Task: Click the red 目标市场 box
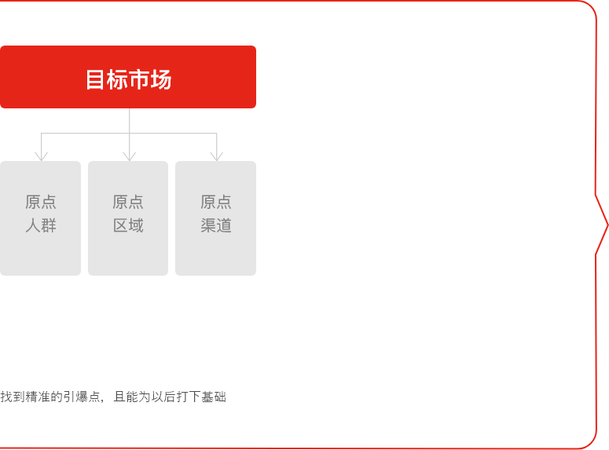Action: click(x=128, y=77)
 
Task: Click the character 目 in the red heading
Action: click(x=95, y=79)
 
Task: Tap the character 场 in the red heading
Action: click(x=161, y=79)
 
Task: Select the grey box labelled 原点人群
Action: click(x=40, y=218)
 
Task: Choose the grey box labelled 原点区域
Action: click(x=128, y=218)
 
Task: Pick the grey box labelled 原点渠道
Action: click(x=215, y=218)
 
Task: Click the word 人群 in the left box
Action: click(x=41, y=225)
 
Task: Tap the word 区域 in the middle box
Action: click(x=128, y=225)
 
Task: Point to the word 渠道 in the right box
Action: click(x=216, y=225)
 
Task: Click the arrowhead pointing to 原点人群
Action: click(x=41, y=157)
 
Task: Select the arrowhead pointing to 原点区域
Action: click(x=130, y=157)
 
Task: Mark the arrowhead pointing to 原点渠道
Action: click(x=217, y=157)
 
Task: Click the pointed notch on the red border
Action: click(x=607, y=225)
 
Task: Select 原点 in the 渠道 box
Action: click(x=216, y=202)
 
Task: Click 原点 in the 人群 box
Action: click(x=41, y=202)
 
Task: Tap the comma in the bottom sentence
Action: click(x=102, y=401)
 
